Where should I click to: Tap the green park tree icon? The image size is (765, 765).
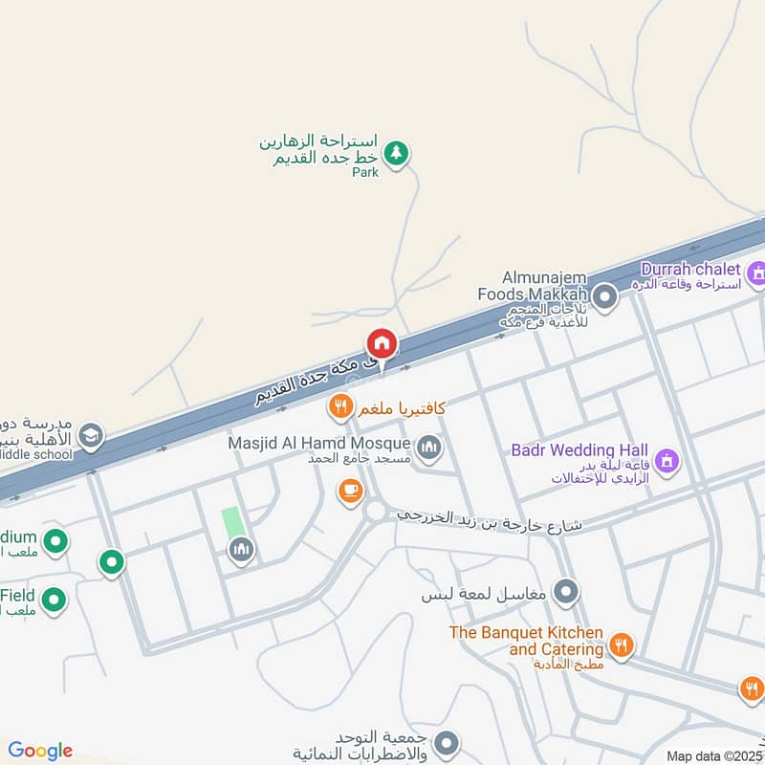[396, 152]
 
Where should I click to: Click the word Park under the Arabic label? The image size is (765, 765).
[365, 173]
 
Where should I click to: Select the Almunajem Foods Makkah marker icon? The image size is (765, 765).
[603, 296]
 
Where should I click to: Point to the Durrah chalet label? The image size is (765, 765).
[690, 270]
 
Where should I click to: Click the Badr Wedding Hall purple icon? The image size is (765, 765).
[667, 461]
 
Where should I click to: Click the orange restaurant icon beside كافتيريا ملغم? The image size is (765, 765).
[340, 408]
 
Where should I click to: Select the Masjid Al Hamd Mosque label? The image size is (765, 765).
[319, 444]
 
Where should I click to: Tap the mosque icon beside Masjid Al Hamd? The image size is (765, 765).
[430, 447]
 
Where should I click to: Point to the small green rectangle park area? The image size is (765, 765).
[232, 522]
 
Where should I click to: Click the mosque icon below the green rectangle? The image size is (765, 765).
[239, 549]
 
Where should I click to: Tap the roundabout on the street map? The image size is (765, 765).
[377, 513]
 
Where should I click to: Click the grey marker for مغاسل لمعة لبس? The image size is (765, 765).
[566, 593]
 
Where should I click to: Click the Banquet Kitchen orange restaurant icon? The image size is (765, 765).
[622, 646]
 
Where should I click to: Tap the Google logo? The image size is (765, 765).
[40, 751]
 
